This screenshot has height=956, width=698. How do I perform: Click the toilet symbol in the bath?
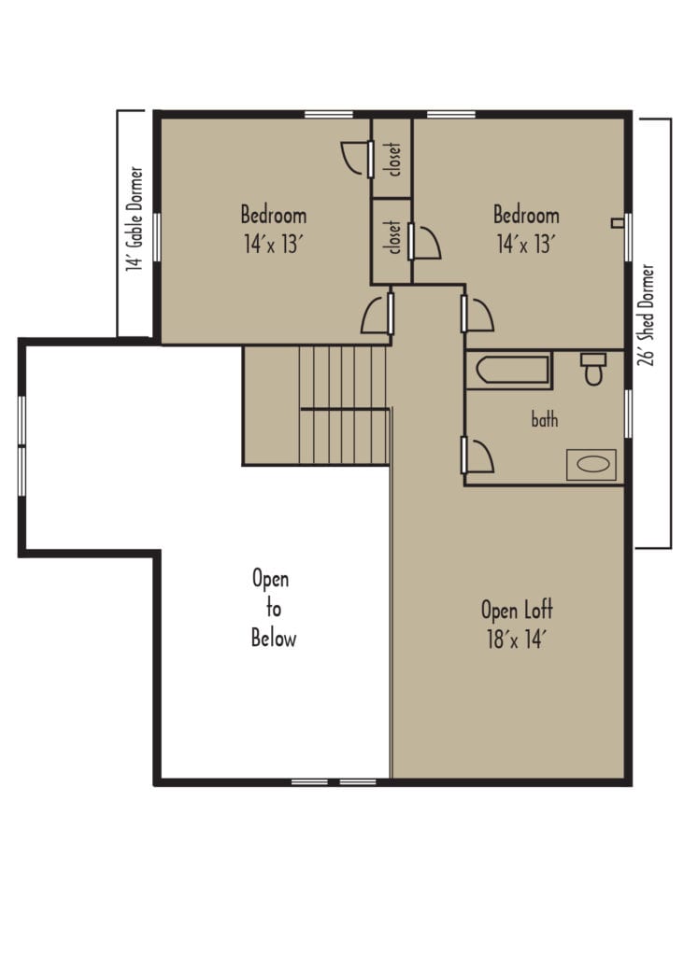(593, 369)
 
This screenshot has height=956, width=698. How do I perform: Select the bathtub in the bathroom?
(509, 372)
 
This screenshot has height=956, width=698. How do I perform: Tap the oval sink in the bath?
(591, 464)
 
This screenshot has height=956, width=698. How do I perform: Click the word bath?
(545, 420)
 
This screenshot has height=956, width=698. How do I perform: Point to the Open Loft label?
(517, 624)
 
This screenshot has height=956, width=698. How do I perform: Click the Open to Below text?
(273, 609)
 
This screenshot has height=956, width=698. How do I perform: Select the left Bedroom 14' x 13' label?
(274, 230)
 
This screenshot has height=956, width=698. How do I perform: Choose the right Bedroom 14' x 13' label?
(526, 230)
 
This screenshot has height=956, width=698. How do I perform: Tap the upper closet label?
(393, 160)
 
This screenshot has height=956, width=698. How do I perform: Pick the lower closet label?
(393, 238)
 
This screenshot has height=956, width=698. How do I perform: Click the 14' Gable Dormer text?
(135, 220)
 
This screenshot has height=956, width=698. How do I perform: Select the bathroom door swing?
(478, 456)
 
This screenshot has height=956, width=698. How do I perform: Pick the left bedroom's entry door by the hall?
(377, 315)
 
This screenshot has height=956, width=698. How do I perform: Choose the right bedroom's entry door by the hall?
(477, 314)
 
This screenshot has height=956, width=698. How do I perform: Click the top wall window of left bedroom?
(328, 114)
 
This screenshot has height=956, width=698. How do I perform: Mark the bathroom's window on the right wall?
(628, 413)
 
